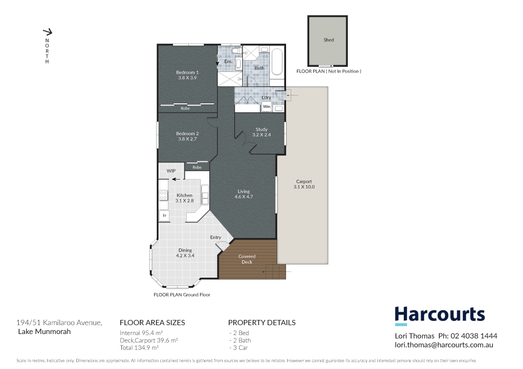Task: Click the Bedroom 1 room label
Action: coord(187,72)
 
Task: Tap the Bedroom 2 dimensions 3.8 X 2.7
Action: coord(187,139)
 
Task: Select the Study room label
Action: coord(261,129)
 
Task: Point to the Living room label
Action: coord(243,192)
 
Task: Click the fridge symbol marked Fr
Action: coord(164,216)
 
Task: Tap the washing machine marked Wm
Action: coord(266,106)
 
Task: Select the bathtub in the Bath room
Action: coord(277,62)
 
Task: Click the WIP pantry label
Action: coord(171,171)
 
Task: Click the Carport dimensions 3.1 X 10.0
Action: coord(304,187)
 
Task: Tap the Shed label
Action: coord(328,40)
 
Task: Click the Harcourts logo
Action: coord(439,315)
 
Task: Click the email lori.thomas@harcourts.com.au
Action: coord(444,345)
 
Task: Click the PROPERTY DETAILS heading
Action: coord(261,323)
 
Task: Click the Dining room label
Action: coord(185,250)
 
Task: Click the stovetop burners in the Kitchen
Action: coord(163,195)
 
